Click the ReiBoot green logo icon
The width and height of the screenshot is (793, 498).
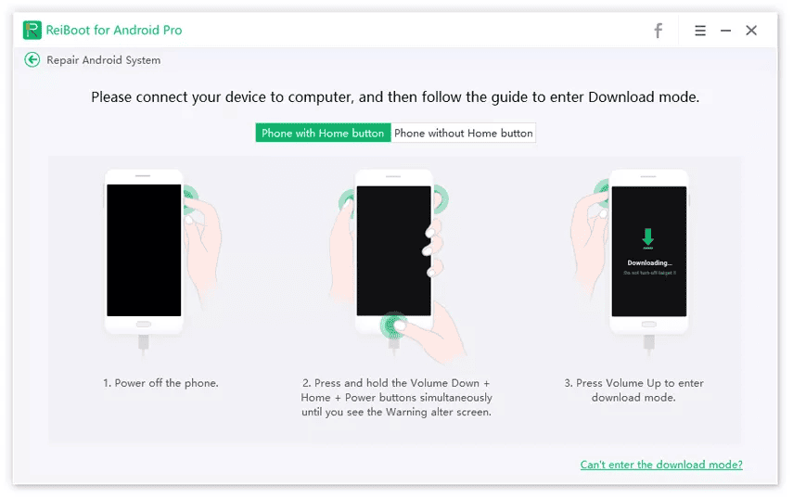point(32,30)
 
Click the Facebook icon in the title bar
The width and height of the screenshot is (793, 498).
point(658,31)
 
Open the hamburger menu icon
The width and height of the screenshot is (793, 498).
point(700,31)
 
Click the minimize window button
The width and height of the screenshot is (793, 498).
point(725,31)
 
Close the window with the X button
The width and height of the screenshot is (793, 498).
point(751,31)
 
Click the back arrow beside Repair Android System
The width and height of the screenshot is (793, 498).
point(32,59)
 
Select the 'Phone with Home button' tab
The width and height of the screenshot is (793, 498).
point(323,133)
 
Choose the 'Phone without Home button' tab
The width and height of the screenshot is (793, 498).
point(464,133)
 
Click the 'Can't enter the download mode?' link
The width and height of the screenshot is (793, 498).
point(661,465)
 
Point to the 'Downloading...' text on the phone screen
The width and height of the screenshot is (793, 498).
point(648,262)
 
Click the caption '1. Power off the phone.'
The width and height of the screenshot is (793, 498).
point(161,383)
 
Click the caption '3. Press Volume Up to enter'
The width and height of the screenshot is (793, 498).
point(633,383)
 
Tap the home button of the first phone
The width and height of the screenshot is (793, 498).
point(144,325)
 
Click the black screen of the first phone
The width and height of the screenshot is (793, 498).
point(144,249)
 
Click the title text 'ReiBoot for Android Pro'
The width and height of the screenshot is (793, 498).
point(114,30)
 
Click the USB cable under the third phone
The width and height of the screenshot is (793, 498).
point(648,345)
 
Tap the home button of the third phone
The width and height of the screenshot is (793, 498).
point(648,325)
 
